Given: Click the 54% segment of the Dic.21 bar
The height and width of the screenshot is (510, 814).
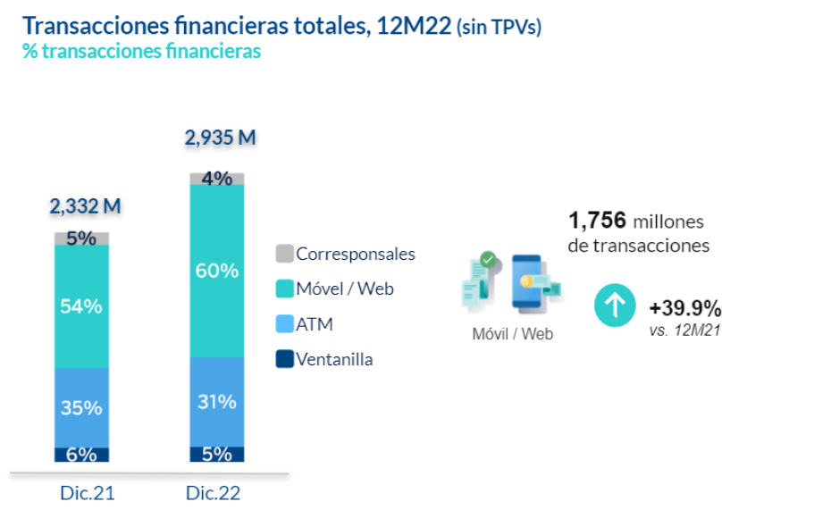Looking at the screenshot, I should coord(81,306).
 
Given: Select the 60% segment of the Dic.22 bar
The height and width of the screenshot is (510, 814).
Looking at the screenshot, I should coord(216,271).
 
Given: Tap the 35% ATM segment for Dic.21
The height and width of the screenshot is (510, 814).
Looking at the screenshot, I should coord(81,407).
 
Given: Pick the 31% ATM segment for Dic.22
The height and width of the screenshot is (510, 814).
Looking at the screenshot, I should coord(216,402).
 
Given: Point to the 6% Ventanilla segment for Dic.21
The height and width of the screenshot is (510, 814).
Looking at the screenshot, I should coord(81,455).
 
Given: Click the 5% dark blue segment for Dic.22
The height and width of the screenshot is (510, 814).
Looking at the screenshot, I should coord(216,455).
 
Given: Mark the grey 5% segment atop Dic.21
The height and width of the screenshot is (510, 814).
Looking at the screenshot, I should coord(81,238).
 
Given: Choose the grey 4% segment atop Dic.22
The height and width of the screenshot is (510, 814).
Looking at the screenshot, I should coord(216,179).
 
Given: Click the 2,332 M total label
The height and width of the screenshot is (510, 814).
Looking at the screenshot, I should coord(84,206).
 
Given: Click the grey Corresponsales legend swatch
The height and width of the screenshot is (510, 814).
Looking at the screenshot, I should coord(283,254).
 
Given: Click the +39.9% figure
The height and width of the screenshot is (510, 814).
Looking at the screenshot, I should coord(685,309).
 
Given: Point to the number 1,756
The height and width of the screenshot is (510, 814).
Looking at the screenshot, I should coord(597,221).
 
